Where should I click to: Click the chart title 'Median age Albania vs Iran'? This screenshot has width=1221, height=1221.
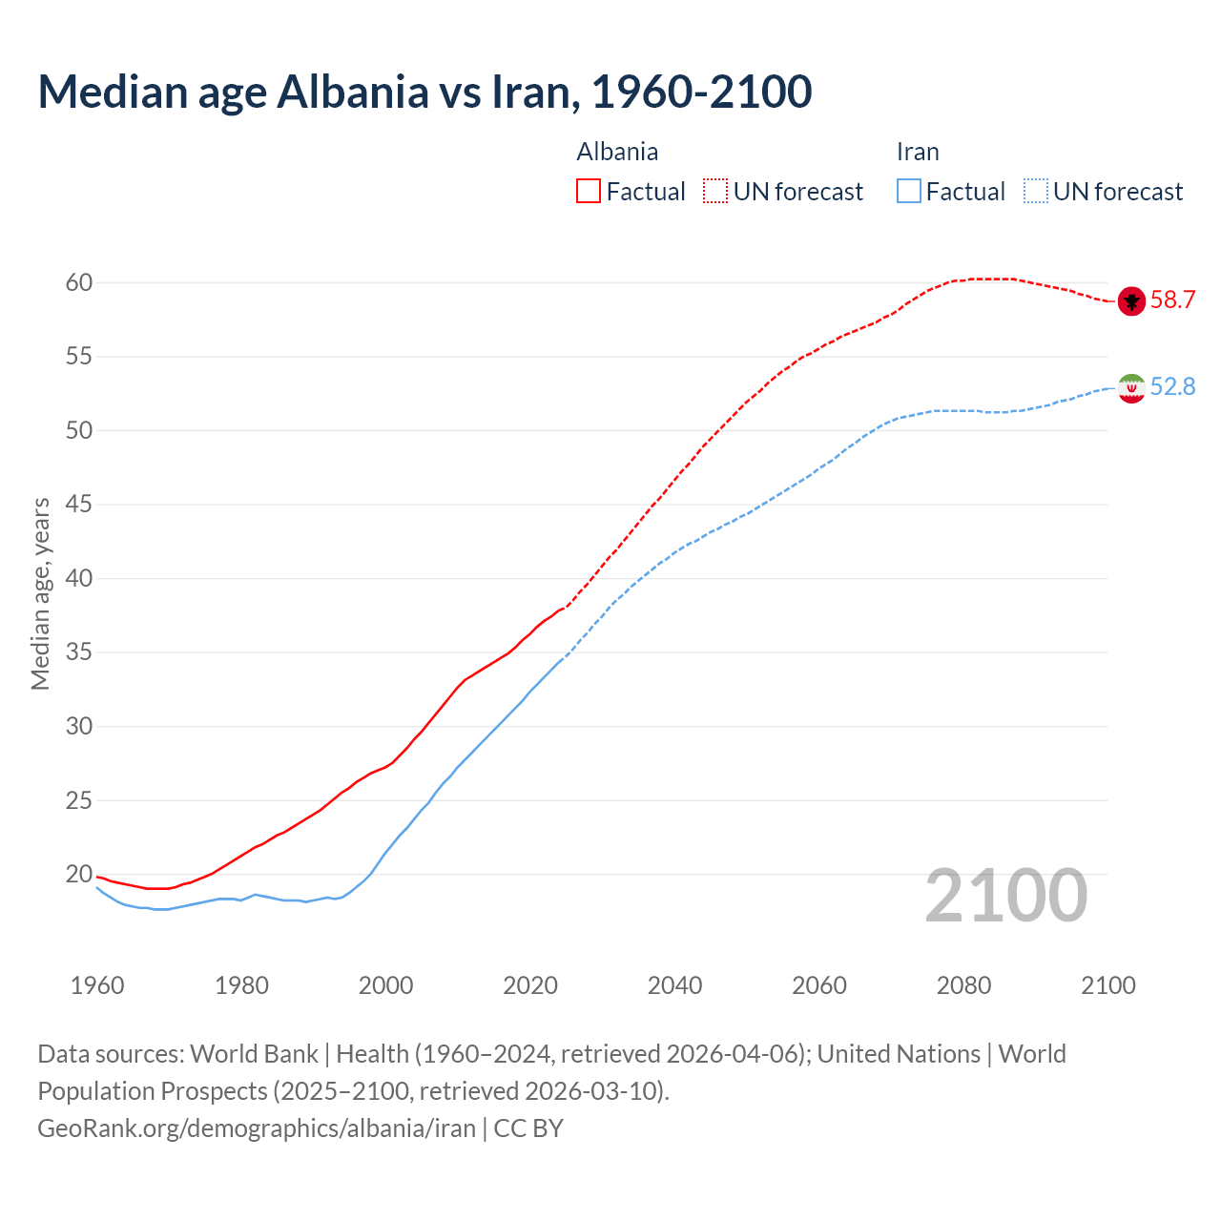click(424, 92)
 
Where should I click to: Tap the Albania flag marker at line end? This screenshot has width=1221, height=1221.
click(1131, 301)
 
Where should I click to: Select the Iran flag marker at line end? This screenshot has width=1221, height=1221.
click(1131, 388)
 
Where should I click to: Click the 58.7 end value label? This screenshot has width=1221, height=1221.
click(1172, 300)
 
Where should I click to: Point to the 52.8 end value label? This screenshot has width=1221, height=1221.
click(1172, 386)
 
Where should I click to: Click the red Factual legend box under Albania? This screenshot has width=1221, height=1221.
click(589, 192)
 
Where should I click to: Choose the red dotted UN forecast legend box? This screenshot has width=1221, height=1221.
click(715, 192)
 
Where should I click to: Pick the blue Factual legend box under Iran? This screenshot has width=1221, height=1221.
click(909, 192)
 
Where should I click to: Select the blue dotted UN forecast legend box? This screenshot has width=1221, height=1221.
click(1036, 192)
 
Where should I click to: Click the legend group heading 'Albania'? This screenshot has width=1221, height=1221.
click(617, 152)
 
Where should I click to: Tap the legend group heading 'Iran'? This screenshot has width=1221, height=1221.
click(918, 152)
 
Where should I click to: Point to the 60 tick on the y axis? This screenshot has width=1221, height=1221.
click(79, 282)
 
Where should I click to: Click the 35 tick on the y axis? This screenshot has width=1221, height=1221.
click(79, 652)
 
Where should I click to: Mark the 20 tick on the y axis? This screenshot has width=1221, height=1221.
click(79, 874)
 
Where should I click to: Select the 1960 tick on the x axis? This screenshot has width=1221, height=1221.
click(97, 985)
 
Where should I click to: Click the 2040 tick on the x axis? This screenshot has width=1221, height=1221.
click(674, 985)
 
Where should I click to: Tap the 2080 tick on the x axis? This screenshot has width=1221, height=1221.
click(963, 985)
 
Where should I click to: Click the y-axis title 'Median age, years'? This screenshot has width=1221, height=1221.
click(40, 593)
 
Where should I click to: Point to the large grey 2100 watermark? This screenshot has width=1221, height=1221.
click(1006, 896)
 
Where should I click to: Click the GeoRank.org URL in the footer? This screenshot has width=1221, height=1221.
click(257, 1128)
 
